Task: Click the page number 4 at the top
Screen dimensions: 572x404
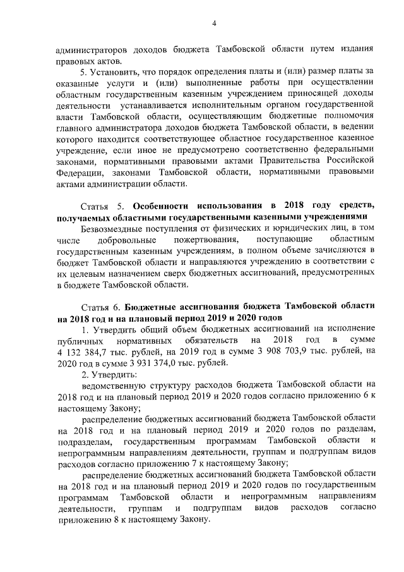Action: click(213, 24)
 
